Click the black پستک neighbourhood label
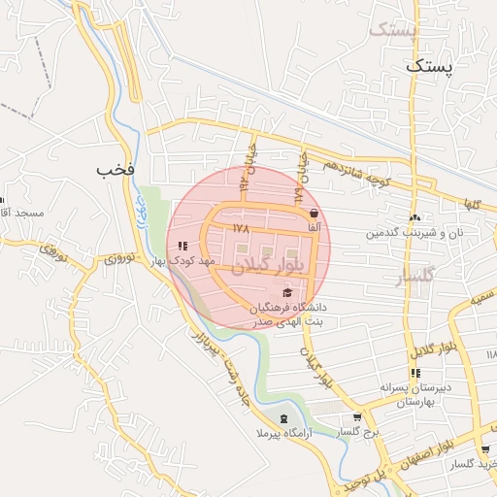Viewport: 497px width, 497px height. (x=429, y=66)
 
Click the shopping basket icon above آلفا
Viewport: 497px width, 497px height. (x=314, y=214)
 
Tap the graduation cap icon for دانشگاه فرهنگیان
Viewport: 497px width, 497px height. (x=286, y=292)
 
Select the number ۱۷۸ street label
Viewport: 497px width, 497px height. (x=242, y=227)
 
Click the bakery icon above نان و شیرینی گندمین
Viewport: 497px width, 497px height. (x=415, y=218)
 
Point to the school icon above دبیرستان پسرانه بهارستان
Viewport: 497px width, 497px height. (x=415, y=373)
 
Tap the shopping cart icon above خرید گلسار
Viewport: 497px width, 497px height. (x=484, y=449)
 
